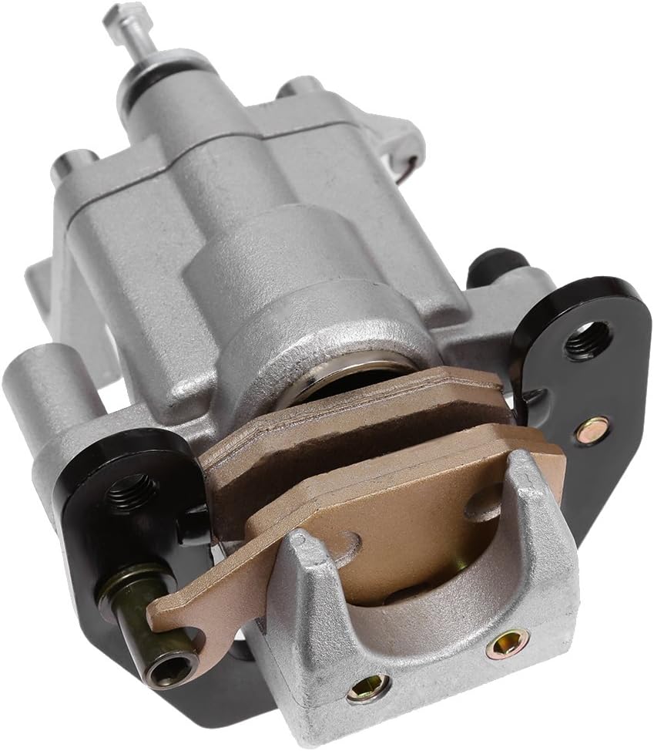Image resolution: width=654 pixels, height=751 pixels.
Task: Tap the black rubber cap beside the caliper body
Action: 494,266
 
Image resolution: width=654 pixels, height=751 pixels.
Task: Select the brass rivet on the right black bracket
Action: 593,429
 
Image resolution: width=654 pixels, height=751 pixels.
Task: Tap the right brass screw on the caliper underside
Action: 507,642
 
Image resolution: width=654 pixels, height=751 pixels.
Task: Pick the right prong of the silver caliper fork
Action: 532,493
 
